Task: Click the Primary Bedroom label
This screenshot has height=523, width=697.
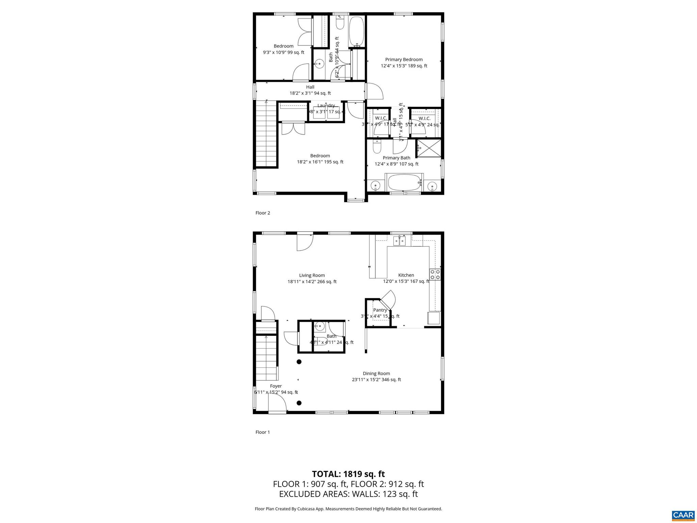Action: [404, 60]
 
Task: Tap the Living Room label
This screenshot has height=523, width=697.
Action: [312, 275]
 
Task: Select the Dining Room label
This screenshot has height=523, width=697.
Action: [376, 374]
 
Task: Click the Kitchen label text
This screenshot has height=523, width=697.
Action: [406, 275]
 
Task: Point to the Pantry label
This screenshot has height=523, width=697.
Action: [380, 310]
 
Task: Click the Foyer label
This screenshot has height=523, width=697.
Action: [276, 386]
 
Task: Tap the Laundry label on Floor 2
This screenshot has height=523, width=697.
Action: [326, 106]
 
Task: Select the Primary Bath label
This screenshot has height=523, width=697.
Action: [396, 158]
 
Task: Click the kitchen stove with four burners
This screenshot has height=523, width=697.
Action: [435, 274]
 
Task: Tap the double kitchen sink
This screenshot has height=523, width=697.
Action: [400, 241]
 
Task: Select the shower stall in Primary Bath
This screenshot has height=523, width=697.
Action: [428, 148]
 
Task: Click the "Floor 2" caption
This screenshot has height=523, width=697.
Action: [263, 213]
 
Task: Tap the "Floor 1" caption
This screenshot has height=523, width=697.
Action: [263, 432]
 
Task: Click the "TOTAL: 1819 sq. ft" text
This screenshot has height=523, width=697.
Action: [348, 474]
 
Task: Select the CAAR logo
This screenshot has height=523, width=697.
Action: [683, 515]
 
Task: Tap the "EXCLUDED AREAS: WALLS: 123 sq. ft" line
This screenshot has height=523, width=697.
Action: [348, 494]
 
